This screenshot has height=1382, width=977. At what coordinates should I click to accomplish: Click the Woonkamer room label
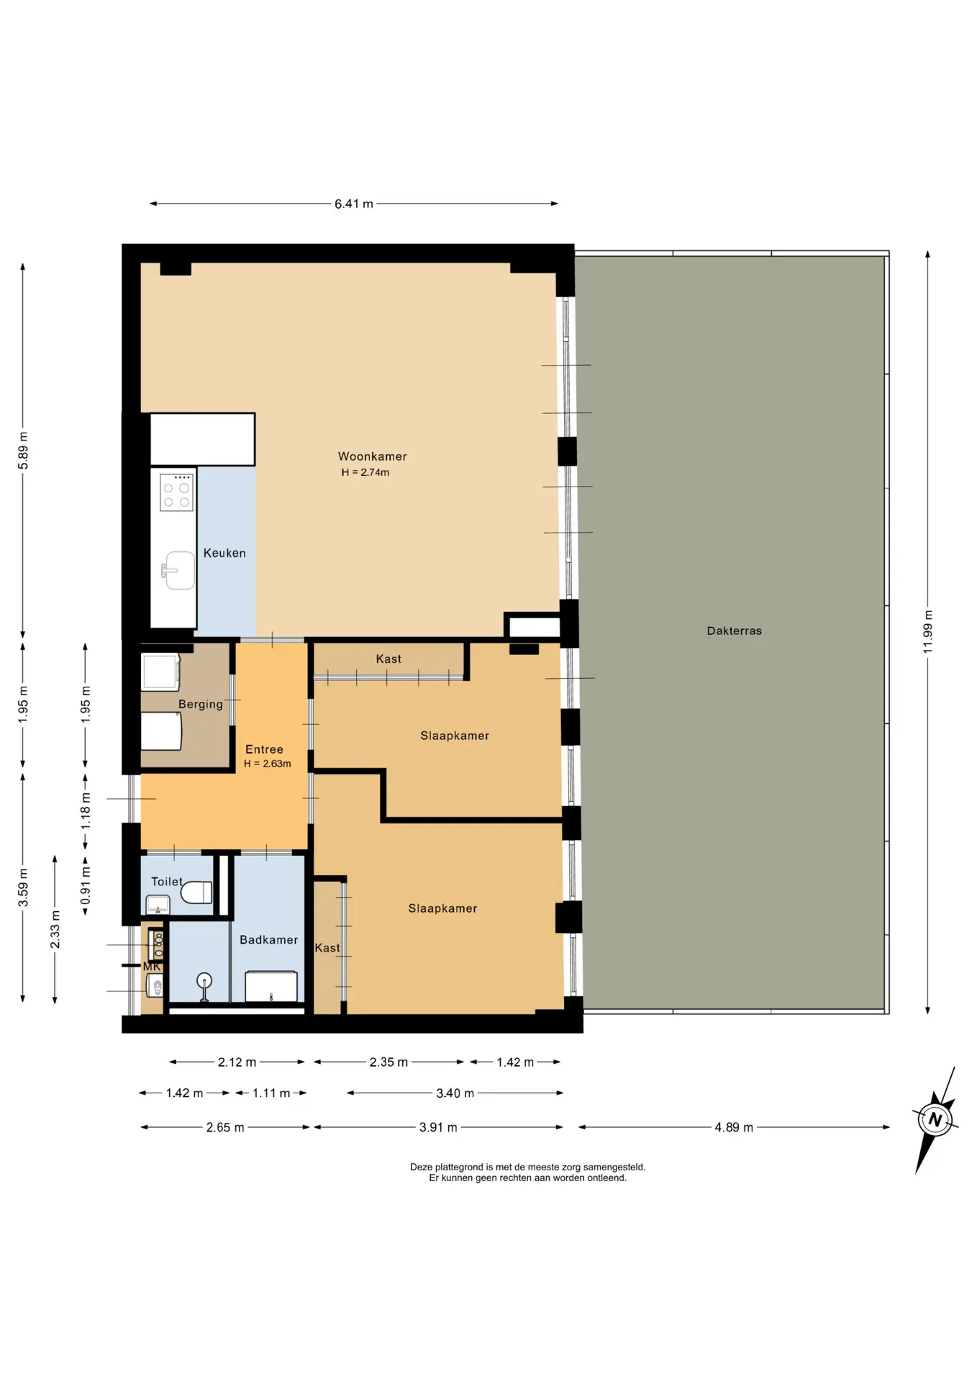click(372, 456)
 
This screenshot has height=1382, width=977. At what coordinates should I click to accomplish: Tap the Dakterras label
click(734, 631)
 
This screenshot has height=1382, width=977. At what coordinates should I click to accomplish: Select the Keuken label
click(224, 553)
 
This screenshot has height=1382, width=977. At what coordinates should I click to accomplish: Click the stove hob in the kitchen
click(176, 492)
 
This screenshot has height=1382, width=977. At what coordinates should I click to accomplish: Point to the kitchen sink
click(179, 571)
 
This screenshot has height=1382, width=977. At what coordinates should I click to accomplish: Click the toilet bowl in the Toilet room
click(196, 893)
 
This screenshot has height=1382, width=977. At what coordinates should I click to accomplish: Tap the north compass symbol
click(935, 1119)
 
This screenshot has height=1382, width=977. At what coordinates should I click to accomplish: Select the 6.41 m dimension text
click(353, 204)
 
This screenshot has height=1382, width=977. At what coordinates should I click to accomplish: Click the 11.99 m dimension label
click(928, 632)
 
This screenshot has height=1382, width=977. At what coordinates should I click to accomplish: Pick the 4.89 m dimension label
click(733, 1127)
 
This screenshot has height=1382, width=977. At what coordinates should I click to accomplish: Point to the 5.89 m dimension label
click(23, 451)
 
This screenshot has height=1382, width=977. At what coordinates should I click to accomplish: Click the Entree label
click(264, 749)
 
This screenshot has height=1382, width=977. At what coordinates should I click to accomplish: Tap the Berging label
click(201, 704)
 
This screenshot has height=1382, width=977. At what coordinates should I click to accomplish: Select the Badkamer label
click(268, 940)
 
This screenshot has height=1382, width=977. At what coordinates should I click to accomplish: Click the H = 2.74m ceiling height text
click(365, 472)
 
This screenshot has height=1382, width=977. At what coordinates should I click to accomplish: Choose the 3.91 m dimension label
click(438, 1127)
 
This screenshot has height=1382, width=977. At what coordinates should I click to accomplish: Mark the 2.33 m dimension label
click(55, 930)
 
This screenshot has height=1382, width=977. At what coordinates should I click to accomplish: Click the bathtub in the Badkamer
click(271, 986)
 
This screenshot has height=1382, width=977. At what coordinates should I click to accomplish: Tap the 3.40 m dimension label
click(455, 1093)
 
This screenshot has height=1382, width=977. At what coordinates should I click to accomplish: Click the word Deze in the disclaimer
click(422, 1167)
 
